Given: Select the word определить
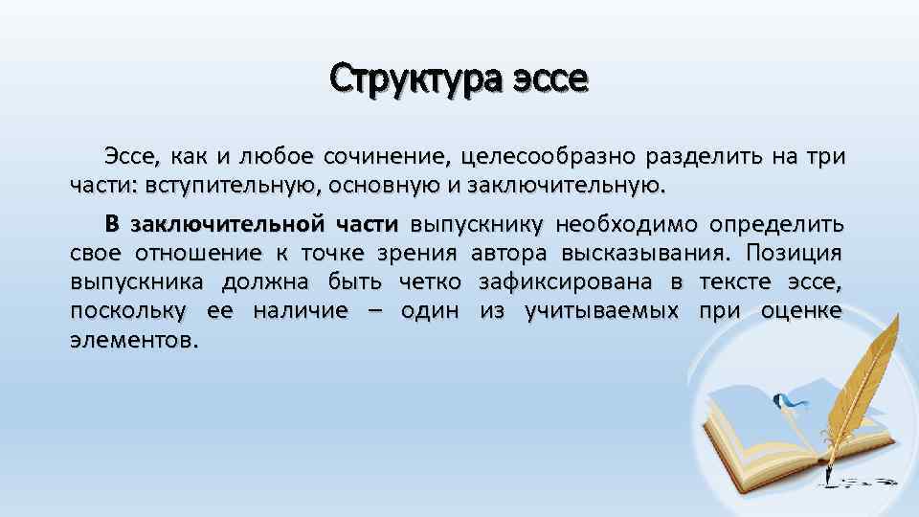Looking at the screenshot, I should [x=776, y=225].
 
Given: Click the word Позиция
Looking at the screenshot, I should [x=794, y=254].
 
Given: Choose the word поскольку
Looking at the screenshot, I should [x=129, y=311].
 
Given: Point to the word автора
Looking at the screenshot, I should [x=509, y=254].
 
